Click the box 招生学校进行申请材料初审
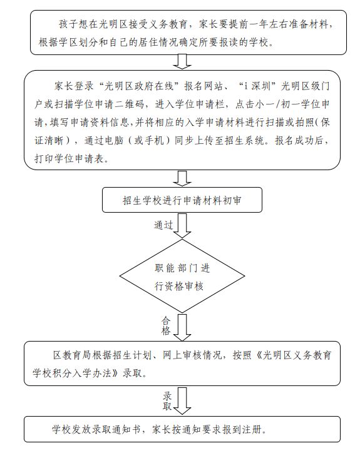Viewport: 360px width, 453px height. pyautogui.click(x=182, y=200)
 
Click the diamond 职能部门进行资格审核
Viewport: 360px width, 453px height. pyautogui.click(x=182, y=276)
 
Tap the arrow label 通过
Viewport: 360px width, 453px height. pyautogui.click(x=163, y=225)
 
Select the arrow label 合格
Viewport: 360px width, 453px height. pyautogui.click(x=166, y=325)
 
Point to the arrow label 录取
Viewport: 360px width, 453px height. pyautogui.click(x=167, y=401)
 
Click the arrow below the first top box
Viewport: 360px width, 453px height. pyautogui.click(x=182, y=62)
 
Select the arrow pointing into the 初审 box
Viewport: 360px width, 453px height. pyautogui.click(x=182, y=178)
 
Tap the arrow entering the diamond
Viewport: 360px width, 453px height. pyautogui.click(x=182, y=226)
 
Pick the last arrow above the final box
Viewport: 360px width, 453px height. pyautogui.click(x=182, y=401)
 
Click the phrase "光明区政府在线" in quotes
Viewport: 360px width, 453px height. pyautogui.click(x=138, y=86)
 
